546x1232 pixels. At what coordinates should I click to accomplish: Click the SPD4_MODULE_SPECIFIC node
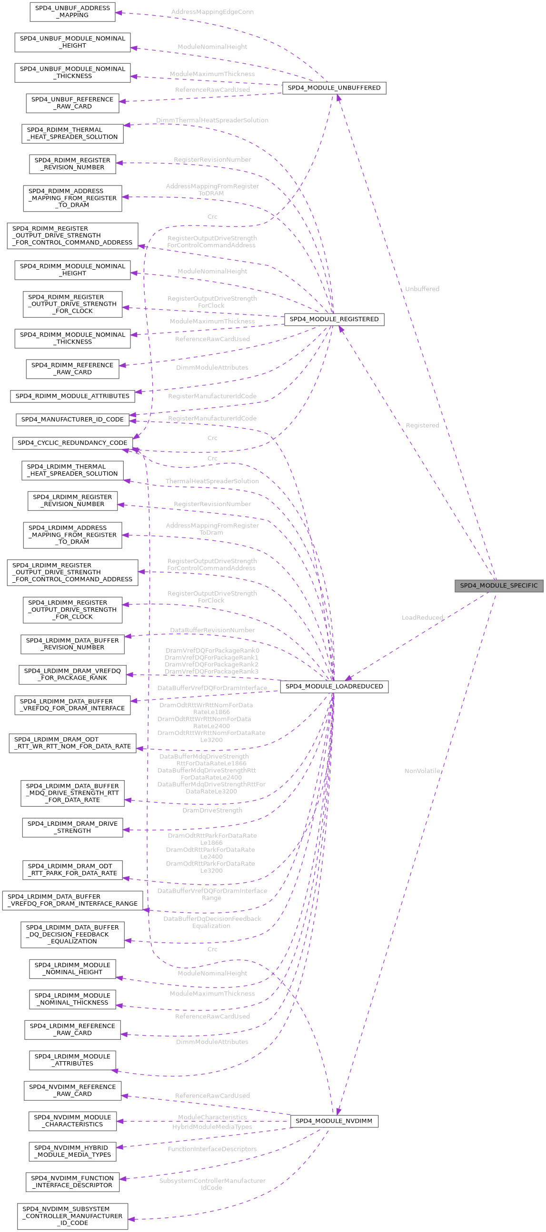click(498, 586)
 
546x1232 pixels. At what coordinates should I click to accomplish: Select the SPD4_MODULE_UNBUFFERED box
click(334, 88)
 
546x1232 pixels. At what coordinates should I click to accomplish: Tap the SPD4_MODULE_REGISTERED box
click(334, 320)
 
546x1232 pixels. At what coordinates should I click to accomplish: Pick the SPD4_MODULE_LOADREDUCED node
click(334, 686)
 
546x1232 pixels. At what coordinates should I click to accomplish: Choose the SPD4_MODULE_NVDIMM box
click(334, 1121)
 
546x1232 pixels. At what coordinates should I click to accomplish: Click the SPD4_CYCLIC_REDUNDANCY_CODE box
click(72, 443)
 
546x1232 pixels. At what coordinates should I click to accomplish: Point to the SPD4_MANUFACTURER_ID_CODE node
click(72, 420)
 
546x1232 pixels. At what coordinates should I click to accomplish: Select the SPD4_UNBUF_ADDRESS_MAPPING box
click(72, 11)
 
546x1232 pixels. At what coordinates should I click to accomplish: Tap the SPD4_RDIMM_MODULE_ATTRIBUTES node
click(72, 396)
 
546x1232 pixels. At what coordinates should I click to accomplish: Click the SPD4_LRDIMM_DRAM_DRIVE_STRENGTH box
click(72, 827)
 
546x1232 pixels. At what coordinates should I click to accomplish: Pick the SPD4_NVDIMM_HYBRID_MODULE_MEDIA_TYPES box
click(72, 1151)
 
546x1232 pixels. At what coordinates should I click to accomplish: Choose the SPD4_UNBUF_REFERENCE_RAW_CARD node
click(72, 103)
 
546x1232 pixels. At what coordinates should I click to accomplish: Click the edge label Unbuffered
click(422, 289)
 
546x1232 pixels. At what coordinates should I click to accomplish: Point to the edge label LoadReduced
click(422, 617)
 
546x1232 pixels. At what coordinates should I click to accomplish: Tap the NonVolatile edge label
click(422, 771)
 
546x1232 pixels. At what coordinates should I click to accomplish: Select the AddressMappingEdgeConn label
click(212, 12)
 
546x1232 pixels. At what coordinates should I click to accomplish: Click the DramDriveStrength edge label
click(212, 810)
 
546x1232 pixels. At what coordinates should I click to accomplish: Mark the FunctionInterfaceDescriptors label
click(212, 1149)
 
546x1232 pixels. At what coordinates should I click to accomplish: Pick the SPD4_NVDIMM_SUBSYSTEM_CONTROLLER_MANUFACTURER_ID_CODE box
click(72, 1216)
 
